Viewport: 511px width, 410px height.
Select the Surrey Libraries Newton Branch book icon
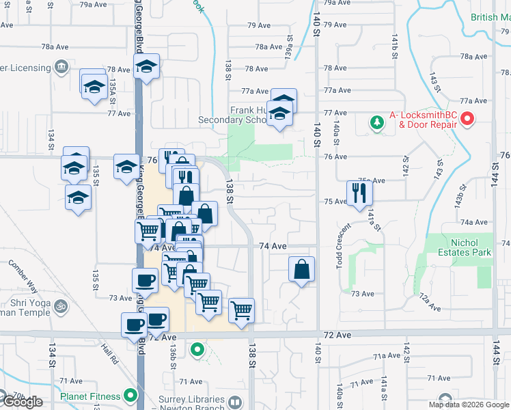(235, 402)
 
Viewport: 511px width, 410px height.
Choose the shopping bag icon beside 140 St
(301, 269)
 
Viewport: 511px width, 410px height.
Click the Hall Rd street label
(109, 355)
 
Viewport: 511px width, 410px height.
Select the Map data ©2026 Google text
(469, 405)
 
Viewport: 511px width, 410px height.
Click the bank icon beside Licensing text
(61, 67)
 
